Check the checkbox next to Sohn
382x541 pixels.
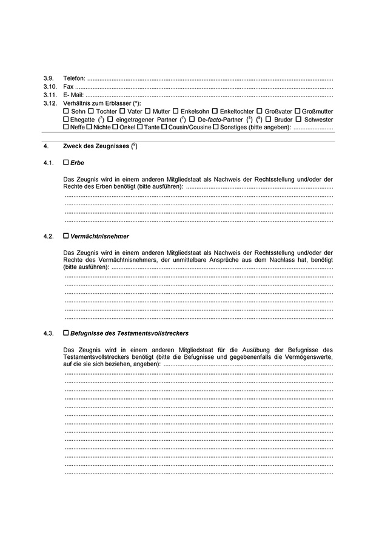(x=66, y=112)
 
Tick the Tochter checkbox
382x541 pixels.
(x=91, y=112)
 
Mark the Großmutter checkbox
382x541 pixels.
(x=297, y=112)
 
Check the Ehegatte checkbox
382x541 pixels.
(x=66, y=120)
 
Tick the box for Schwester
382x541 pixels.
(x=298, y=120)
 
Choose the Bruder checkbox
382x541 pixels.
(x=268, y=120)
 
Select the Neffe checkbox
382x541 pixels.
(x=66, y=128)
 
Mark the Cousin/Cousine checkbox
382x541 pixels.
(x=147, y=128)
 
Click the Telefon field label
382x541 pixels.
(x=74, y=79)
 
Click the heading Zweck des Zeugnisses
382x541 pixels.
(x=96, y=147)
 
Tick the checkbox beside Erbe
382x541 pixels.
(x=66, y=163)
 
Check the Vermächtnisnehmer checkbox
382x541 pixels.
(x=66, y=236)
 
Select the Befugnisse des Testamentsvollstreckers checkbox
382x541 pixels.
(x=66, y=333)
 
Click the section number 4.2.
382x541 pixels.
(x=49, y=236)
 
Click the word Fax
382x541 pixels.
(x=68, y=87)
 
